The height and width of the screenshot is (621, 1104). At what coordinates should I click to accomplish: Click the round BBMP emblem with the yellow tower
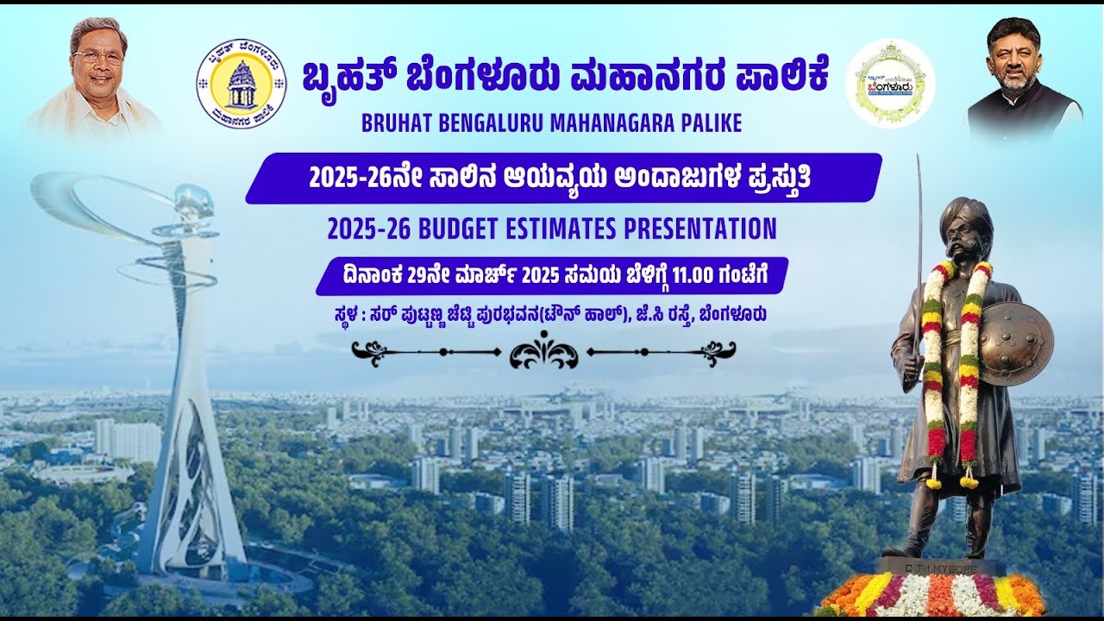coord(241,84)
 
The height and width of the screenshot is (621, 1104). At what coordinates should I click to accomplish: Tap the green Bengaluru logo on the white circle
coord(890,83)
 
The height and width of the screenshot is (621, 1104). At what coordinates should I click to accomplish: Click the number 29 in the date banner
coord(418,276)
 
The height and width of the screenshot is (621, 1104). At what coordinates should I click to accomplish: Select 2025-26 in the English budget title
coord(368,229)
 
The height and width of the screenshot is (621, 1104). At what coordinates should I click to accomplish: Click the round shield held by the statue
coord(1016,343)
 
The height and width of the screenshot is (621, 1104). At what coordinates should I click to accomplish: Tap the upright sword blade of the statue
coord(918,250)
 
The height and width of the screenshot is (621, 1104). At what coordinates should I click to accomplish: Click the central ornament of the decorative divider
coord(543,352)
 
